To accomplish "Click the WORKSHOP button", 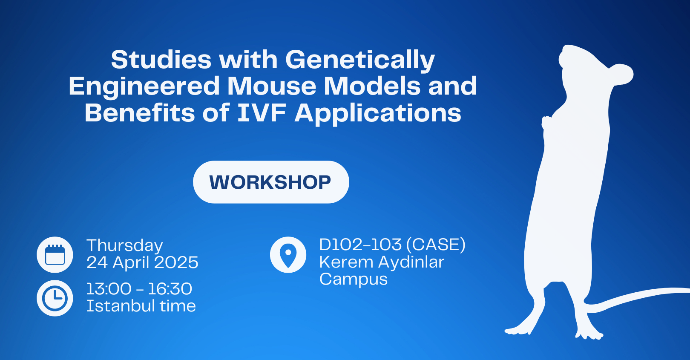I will coord(271,182).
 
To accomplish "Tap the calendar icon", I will coord(55,255).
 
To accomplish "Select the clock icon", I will coord(55,298).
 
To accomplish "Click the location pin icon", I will coord(288,255).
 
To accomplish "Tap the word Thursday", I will coord(125,246).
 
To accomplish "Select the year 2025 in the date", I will coord(176,262).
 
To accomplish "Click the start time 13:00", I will coord(109,289).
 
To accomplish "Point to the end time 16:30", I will coord(170,289).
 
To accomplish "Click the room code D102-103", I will coord(360,245).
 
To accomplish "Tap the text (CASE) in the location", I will coord(436,245).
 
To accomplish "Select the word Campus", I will coord(354,279).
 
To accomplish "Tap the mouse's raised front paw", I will coord(547,123).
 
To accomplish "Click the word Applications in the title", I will coord(378,113).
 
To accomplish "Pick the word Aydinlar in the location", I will coord(411,262).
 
